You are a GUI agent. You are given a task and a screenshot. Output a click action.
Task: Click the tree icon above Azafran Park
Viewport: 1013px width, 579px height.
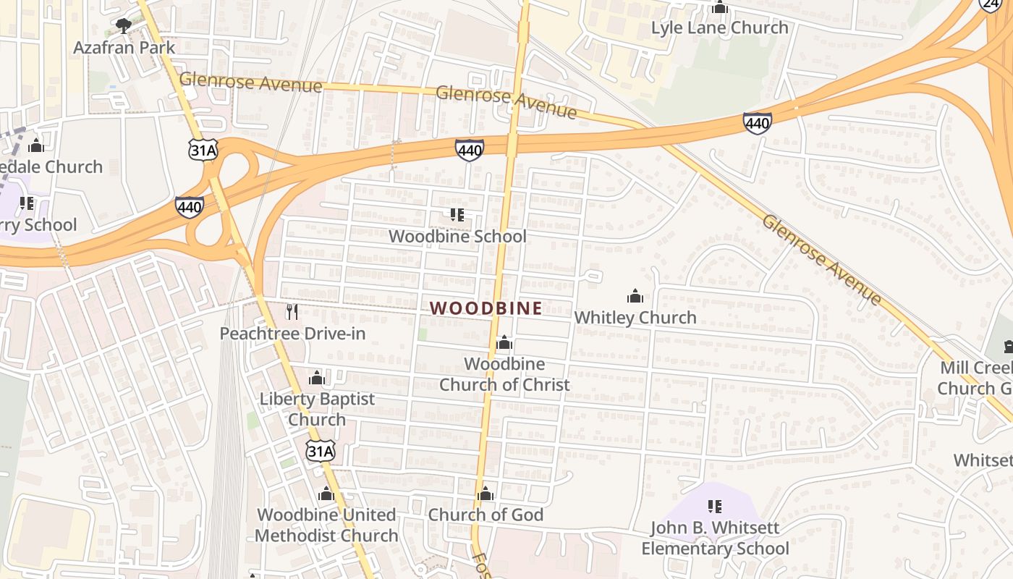[124, 27]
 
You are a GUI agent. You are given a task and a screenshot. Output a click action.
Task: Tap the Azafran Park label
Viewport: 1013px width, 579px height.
[124, 48]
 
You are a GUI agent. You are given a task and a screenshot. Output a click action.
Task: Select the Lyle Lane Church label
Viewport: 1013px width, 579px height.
[719, 28]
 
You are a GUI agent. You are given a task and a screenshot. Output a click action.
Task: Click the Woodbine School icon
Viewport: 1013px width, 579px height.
[457, 215]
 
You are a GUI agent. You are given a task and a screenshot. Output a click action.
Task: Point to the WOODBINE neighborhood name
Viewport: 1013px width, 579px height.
[486, 308]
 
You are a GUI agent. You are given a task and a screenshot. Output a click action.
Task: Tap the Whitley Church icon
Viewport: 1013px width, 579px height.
[635, 296]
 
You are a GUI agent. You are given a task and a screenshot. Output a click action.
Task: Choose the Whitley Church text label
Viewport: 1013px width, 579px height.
[635, 317]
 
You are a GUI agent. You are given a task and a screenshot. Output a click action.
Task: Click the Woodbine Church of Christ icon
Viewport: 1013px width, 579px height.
[504, 342]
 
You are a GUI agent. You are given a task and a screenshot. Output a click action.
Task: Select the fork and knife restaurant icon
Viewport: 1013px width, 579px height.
[292, 312]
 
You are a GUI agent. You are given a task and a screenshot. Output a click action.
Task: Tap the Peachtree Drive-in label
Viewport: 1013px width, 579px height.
[292, 334]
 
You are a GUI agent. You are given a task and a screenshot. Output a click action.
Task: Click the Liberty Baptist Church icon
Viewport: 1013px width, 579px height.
[317, 378]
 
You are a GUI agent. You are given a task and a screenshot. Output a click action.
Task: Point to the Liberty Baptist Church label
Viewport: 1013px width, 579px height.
[317, 409]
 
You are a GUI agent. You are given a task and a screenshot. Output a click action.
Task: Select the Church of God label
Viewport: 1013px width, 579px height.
[486, 515]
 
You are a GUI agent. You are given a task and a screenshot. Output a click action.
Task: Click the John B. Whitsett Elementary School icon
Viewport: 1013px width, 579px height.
[715, 507]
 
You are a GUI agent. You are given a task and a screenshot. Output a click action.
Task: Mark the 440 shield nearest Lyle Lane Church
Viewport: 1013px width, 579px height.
[757, 123]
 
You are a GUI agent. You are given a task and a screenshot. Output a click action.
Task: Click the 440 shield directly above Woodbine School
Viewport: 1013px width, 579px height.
[470, 150]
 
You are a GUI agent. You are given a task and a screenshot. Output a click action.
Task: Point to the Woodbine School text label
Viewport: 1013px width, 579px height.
[457, 237]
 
